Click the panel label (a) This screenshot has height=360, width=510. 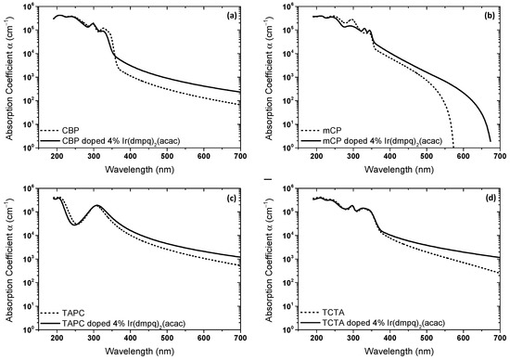[x=236, y=16]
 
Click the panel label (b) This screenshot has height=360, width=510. [x=493, y=16]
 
